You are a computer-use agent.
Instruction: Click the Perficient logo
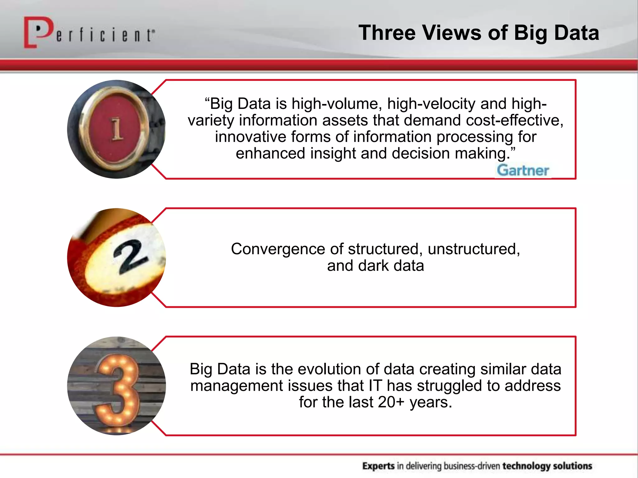coord(89,33)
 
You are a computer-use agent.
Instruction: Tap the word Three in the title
coord(387,33)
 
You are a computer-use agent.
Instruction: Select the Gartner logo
coord(523,171)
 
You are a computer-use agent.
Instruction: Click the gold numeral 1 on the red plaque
coord(117,129)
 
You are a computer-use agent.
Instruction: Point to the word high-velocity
coord(431,104)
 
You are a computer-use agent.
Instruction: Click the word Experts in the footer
coord(378,466)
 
